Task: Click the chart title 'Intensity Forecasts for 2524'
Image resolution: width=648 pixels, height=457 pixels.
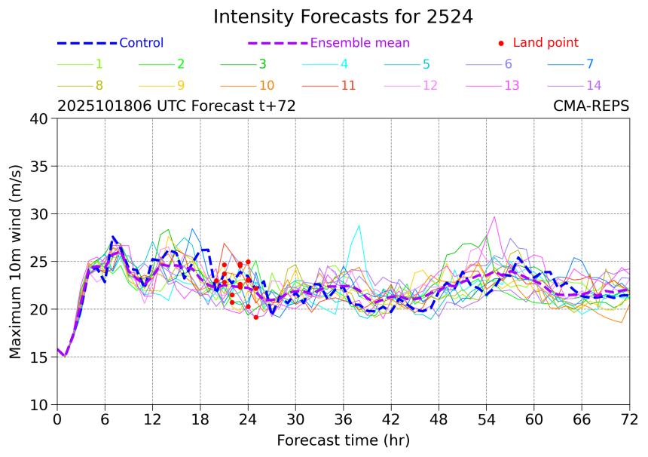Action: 343,17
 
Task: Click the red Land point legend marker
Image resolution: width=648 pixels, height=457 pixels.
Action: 502,43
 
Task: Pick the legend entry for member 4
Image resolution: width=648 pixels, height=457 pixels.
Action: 344,64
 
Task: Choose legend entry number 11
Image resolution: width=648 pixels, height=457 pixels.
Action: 348,85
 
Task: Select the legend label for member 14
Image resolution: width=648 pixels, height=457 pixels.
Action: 594,85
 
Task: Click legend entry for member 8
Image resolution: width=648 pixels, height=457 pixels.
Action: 99,85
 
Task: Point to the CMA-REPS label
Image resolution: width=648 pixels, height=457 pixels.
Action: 591,106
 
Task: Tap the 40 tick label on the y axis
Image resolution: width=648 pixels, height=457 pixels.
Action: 39,118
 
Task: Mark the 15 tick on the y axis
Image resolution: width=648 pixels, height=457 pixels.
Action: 39,357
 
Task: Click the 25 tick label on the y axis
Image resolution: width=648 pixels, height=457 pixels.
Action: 39,262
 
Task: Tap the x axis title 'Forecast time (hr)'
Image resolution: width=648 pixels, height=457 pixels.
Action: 343,440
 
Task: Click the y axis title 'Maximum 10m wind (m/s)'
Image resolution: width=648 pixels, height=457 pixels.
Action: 15,262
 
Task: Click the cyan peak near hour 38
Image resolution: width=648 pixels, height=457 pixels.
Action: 359,225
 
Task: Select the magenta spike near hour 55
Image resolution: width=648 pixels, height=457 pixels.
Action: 494,217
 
